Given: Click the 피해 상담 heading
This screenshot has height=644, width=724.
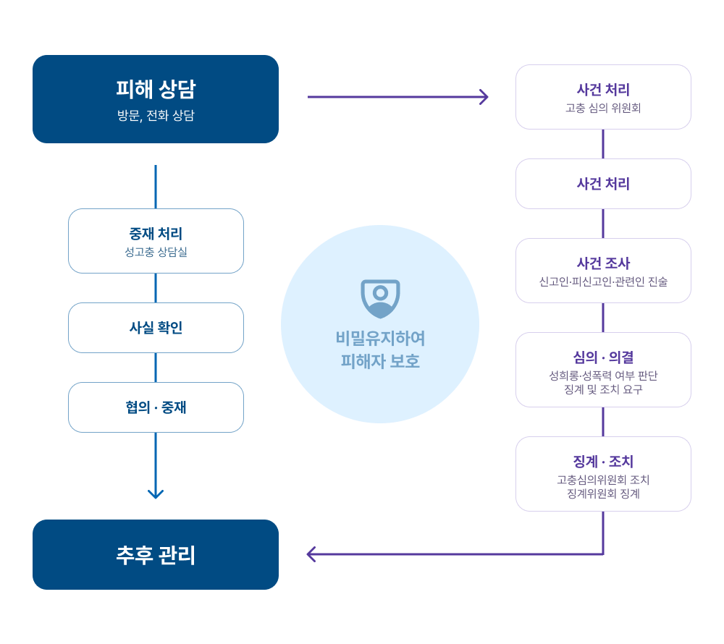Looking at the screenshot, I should click(x=156, y=89).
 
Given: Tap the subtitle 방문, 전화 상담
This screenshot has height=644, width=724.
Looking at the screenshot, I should click(x=156, y=116).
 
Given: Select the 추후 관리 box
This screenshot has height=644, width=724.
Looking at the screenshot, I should click(x=156, y=554).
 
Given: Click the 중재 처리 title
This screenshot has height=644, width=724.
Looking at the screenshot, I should click(x=156, y=234).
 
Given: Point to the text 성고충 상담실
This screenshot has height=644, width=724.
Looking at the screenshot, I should click(x=156, y=253).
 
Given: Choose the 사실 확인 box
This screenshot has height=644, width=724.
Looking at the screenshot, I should click(x=156, y=328).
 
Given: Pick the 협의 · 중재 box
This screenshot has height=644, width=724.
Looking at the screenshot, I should click(x=156, y=407).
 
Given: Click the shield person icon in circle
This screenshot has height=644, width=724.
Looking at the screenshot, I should click(x=380, y=297).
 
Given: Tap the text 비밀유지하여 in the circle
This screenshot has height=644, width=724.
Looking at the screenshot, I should click(x=380, y=339).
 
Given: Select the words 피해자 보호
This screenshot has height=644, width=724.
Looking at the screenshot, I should click(x=380, y=360).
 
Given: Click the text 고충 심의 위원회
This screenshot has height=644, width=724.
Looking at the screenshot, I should click(x=603, y=109).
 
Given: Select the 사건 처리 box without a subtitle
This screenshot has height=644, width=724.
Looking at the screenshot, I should click(x=603, y=184).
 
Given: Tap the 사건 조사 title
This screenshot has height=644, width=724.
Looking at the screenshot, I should click(x=603, y=263).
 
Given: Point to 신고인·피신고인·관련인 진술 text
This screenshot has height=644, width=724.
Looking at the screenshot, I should click(x=603, y=281).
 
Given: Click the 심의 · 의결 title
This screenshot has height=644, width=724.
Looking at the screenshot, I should click(x=603, y=357).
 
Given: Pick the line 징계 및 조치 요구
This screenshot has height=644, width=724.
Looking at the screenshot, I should click(x=603, y=389).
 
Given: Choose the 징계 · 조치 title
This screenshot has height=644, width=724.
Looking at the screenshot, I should click(x=603, y=462).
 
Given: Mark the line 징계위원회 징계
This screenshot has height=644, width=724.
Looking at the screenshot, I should click(x=603, y=493).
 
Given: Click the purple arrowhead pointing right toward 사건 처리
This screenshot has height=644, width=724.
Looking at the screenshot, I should click(x=484, y=97).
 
